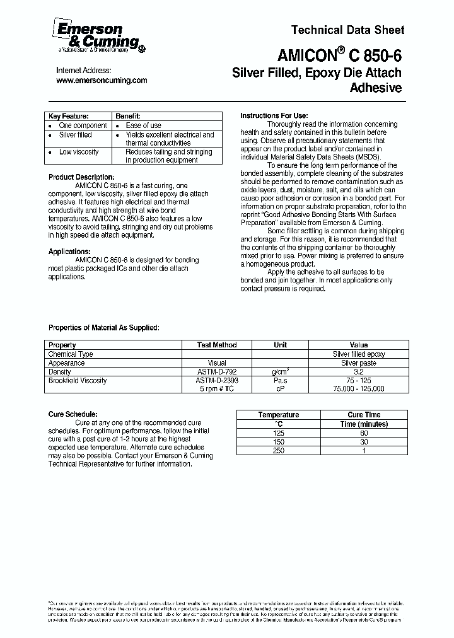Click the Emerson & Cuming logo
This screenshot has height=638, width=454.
click(98, 36)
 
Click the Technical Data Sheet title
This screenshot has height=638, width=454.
click(347, 30)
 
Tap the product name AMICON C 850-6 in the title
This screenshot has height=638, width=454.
click(338, 55)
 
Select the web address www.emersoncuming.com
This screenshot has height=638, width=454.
click(102, 81)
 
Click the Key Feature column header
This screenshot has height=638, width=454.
click(69, 117)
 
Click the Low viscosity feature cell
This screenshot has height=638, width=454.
click(79, 152)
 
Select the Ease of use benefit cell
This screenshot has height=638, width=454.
click(143, 125)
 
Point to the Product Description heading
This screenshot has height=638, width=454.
click(81, 177)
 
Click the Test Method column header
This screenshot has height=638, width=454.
click(217, 345)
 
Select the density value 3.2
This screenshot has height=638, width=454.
click(359, 372)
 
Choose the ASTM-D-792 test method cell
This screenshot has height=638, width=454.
click(217, 372)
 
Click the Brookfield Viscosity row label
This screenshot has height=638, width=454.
click(78, 381)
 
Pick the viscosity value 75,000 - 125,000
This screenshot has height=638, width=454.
click(359, 390)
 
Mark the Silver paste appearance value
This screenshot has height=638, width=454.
click(359, 363)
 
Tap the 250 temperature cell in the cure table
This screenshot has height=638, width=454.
click(279, 450)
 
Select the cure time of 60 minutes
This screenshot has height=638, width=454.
click(364, 432)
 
